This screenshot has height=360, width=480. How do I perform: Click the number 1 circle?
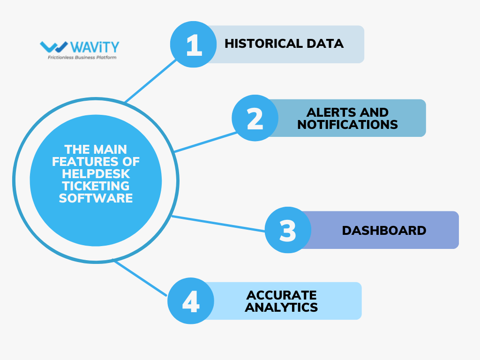click(193, 44)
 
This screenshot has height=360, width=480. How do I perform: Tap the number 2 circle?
click(255, 118)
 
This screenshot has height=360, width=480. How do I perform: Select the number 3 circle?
click(288, 230)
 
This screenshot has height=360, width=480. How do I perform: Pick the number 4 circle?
click(191, 301)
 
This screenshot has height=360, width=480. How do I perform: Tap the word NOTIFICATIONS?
click(347, 125)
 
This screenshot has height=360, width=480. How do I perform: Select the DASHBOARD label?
click(384, 231)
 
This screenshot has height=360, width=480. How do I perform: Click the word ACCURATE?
click(282, 295)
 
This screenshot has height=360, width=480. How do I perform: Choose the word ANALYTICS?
click(282, 307)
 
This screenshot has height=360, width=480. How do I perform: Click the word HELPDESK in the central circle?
click(96, 174)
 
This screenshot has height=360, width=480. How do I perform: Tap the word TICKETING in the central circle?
click(96, 186)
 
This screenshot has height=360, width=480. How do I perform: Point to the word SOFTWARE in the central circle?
click(96, 198)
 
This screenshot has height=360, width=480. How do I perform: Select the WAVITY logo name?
click(96, 47)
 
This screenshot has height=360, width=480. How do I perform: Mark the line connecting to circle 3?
click(218, 224)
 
